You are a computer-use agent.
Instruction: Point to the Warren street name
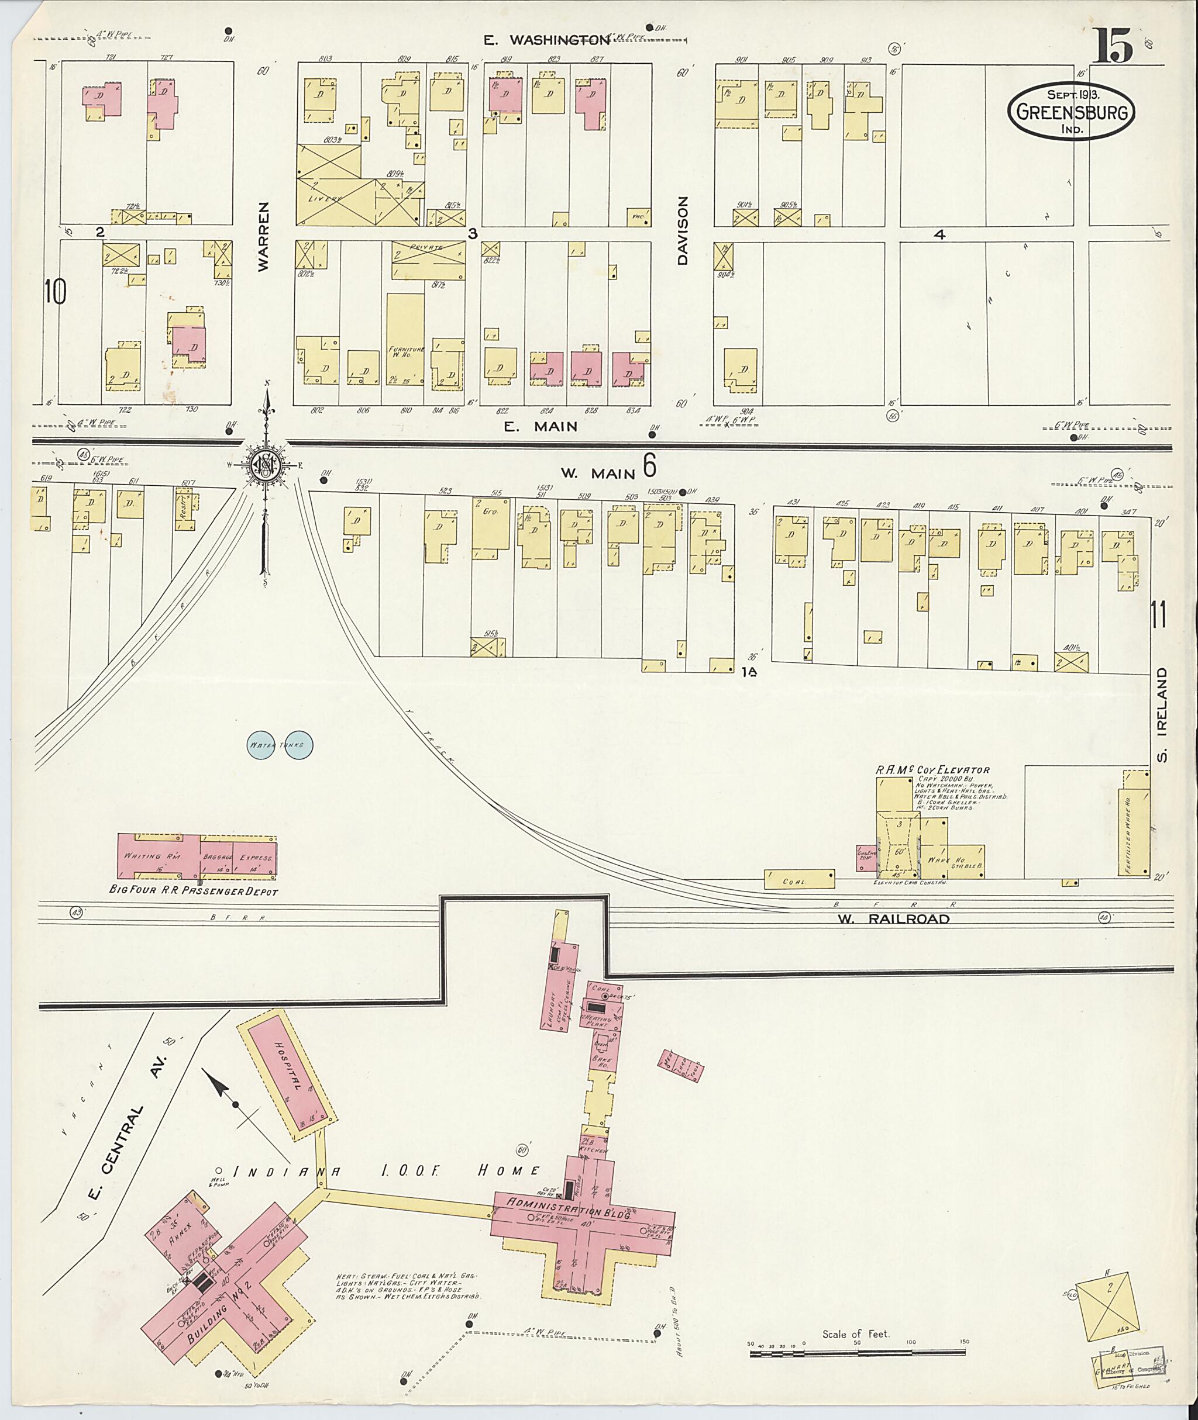(x=263, y=237)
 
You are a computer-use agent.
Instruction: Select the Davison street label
(x=683, y=231)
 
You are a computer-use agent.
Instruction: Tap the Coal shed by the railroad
(x=798, y=879)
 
